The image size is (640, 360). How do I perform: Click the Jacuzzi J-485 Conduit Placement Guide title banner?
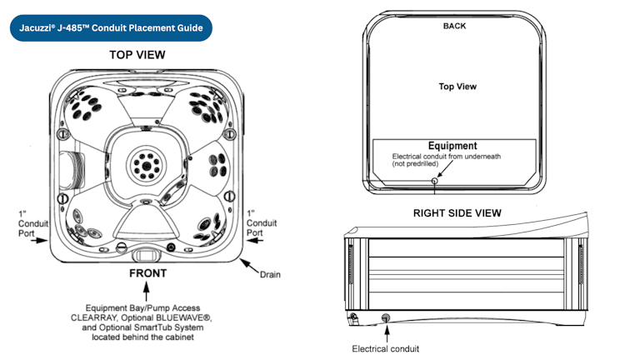[112, 28]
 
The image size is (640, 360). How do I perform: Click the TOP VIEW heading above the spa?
[137, 55]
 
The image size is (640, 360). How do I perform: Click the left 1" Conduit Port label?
[27, 223]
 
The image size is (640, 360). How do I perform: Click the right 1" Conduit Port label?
[262, 223]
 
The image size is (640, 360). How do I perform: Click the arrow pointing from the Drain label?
[248, 265]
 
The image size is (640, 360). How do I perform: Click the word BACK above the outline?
[454, 26]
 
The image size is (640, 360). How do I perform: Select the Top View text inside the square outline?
[457, 86]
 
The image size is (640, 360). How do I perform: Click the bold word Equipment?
[452, 146]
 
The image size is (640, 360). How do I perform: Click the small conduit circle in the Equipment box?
[433, 180]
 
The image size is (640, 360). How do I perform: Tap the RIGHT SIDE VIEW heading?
[457, 212]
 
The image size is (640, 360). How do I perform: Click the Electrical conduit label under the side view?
[386, 347]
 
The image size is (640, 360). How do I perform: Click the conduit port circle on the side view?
[385, 317]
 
